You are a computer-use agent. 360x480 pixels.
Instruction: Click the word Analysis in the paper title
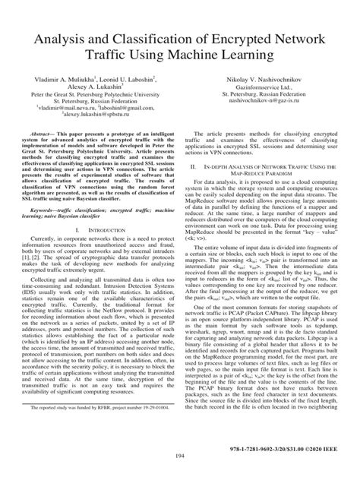click(55, 39)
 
